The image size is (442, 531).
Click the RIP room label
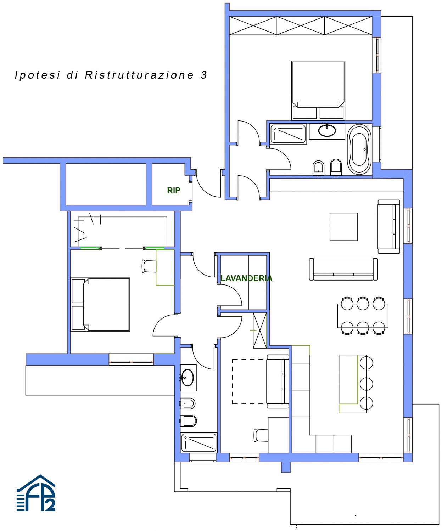(x=173, y=190)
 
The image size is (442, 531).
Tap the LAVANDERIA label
(x=246, y=278)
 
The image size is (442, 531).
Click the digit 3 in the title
(x=203, y=75)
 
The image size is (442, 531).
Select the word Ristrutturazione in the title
(x=139, y=75)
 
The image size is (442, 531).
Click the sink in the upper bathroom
(x=327, y=131)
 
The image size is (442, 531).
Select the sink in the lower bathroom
(x=188, y=378)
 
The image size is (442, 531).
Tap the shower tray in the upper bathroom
(x=288, y=134)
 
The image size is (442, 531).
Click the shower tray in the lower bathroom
(x=199, y=443)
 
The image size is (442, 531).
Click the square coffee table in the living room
(x=343, y=227)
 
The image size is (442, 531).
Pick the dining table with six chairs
(x=363, y=316)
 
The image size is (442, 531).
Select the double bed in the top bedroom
(x=318, y=90)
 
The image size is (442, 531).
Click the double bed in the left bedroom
(x=100, y=304)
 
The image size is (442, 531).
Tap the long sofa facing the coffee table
(x=343, y=269)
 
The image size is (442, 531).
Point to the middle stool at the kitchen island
(x=367, y=384)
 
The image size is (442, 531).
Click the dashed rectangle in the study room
(x=249, y=382)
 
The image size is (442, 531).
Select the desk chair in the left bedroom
(x=149, y=266)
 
